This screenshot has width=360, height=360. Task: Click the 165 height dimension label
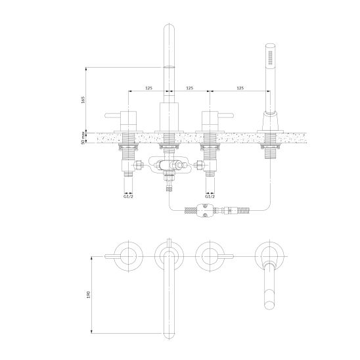tap(83, 100)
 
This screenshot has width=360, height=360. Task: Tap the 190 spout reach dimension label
tap(89, 294)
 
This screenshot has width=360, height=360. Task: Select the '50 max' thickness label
tap(83, 138)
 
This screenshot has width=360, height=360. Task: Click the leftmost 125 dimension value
tap(148, 88)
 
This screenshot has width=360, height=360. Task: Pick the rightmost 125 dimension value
tap(240, 88)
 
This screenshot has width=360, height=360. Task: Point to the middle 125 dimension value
tap(190, 88)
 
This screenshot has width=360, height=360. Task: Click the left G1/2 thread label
tap(128, 196)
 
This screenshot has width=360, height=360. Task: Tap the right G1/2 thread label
tap(210, 196)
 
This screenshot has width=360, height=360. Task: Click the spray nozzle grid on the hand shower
tap(270, 56)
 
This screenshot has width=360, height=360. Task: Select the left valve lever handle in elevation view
tap(113, 115)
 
